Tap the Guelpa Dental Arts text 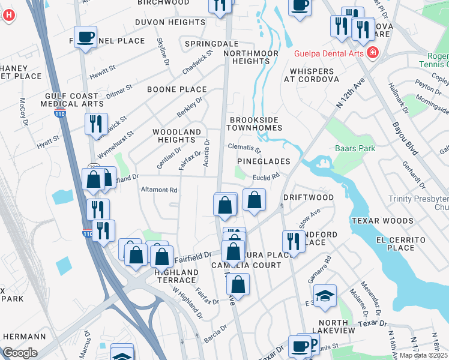(x=329, y=53)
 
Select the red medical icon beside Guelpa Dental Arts (x=373, y=53)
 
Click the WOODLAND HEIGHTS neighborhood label (x=176, y=136)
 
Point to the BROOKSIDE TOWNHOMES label (x=255, y=124)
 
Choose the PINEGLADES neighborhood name (x=264, y=161)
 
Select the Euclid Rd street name (x=266, y=177)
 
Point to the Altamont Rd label (x=159, y=190)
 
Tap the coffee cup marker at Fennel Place (x=86, y=37)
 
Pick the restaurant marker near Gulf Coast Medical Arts (x=96, y=124)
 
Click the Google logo (x=20, y=353)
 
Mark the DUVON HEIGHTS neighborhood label (x=170, y=22)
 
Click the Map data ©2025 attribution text (x=423, y=355)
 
